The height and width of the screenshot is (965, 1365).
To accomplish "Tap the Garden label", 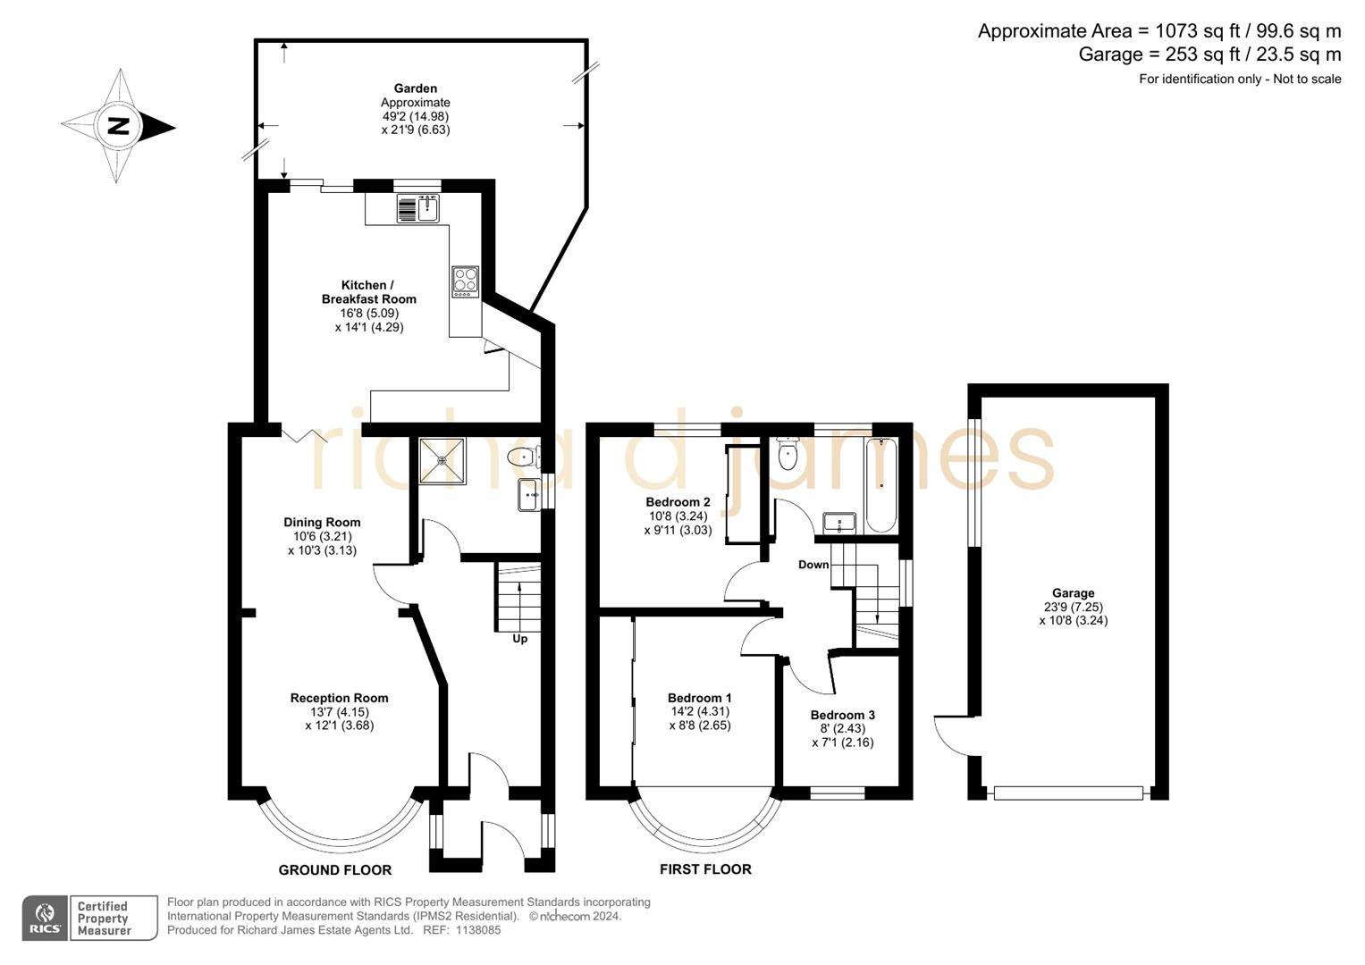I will pos(416,88).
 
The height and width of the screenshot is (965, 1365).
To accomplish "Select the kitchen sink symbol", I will pos(428,209).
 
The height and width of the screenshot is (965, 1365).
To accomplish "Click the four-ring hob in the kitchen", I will pos(465,281).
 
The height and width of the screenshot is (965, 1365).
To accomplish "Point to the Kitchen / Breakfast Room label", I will pos(368,292).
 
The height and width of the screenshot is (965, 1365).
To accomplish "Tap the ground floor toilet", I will pos(520,457).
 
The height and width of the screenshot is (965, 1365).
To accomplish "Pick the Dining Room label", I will pos(322,523).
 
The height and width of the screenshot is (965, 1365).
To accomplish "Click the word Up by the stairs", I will pos(520,639).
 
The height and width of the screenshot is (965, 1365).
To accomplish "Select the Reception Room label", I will pos(339,698).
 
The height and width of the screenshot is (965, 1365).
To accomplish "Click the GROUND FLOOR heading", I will pos(335,869).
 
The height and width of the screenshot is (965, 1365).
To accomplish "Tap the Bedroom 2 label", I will pos(678,502).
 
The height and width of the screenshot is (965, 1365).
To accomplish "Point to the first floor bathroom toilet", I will pos(788,455).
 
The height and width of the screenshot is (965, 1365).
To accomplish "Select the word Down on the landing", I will pos(813,565).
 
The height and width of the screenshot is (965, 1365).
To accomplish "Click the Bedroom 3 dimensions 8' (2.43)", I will pos(842,728).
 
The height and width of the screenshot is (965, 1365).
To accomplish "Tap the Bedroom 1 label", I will pos(699,698).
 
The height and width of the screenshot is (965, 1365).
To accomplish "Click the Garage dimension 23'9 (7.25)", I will pos(1073,607).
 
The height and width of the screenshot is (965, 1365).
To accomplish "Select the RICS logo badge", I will pos(44,918).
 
